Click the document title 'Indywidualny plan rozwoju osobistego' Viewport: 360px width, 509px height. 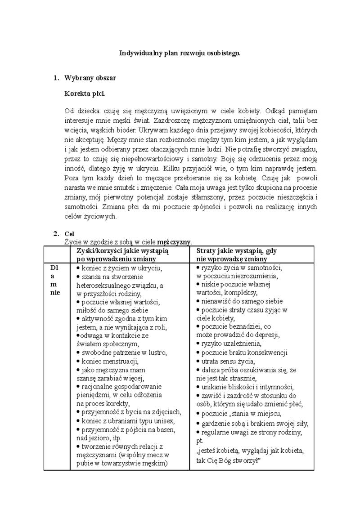[x=180, y=53]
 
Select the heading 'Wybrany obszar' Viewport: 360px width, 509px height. [x=90, y=78]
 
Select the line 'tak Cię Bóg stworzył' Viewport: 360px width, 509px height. [x=229, y=461]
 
